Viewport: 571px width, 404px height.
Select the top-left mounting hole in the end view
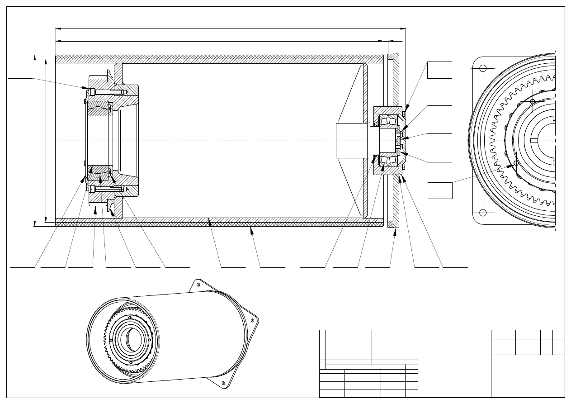coord(483,68)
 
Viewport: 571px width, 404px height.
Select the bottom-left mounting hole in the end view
coord(483,213)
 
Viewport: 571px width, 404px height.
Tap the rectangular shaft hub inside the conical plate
coord(353,141)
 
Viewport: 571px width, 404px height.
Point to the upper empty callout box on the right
coord(440,69)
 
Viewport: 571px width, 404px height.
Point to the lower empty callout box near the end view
coord(440,190)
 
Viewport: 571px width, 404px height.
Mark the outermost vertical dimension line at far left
coord(35,140)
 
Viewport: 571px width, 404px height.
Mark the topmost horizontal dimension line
coord(231,29)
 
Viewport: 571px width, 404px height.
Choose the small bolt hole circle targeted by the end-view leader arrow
coord(516,163)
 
